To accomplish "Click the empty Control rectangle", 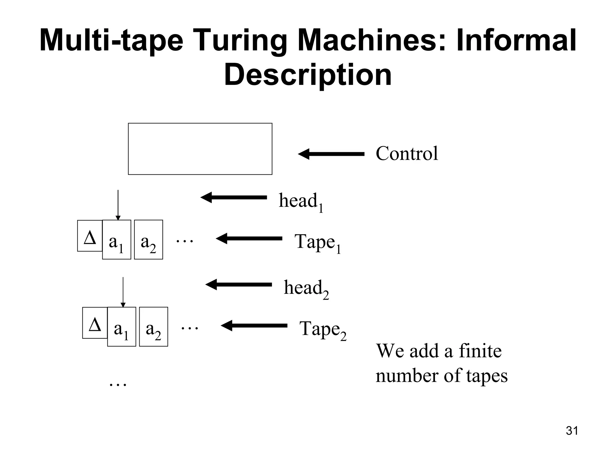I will [200, 149].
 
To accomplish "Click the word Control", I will [407, 153].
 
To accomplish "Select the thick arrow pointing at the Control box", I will [331, 154].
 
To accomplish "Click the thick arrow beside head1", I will [234, 198].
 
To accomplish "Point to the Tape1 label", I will [317, 242].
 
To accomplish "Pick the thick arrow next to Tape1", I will [249, 239].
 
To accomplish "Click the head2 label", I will [306, 288].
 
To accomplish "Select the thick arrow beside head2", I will [239, 285].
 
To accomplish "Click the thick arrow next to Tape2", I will [254, 326].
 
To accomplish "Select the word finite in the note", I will [480, 351].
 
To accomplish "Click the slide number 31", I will [572, 431].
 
